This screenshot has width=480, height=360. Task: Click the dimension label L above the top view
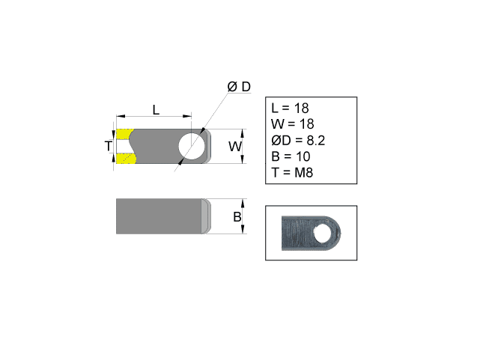156,109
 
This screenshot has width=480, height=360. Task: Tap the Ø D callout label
239,88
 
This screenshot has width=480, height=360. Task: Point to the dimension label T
108,146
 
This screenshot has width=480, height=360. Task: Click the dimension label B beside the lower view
237,217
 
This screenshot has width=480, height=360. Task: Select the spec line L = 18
294,109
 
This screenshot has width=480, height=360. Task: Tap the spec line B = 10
294,157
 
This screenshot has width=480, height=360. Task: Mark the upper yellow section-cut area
124,135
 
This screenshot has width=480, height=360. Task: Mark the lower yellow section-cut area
124,158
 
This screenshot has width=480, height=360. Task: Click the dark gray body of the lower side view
157,216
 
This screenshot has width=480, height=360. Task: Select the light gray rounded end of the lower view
204,216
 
